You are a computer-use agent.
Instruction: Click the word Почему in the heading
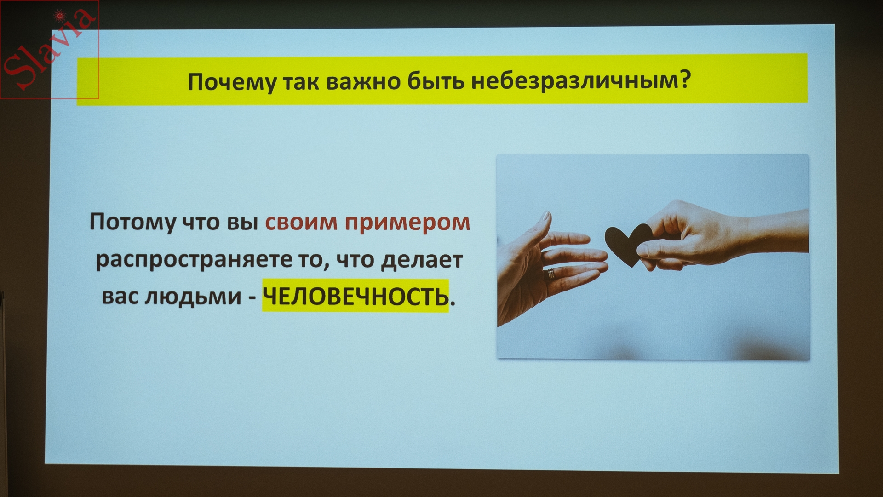[232, 82]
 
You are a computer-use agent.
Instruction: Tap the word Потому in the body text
[132, 222]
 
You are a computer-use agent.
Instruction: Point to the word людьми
[193, 297]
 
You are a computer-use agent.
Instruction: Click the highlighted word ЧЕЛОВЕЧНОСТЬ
[355, 296]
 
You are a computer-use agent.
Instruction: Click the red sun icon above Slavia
[59, 16]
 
